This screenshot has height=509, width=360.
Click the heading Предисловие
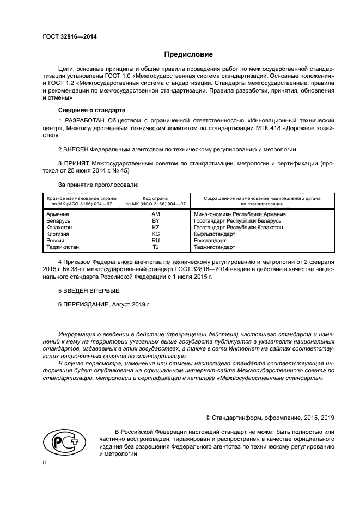[x=188, y=54]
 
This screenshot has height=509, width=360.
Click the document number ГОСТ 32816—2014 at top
[x=66, y=36]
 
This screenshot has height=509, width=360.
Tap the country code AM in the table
[x=155, y=214]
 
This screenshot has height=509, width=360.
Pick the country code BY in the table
[x=155, y=221]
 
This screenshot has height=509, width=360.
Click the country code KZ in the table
[x=155, y=228]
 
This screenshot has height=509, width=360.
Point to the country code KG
[x=155, y=234]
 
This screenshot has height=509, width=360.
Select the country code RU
[x=155, y=240]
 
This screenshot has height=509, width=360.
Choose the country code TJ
[x=155, y=247]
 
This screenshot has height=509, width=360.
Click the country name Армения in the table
[x=58, y=214]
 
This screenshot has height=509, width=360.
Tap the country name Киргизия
[x=59, y=234]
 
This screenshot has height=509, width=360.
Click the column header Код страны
[x=155, y=198]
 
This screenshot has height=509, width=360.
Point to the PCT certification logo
[x=64, y=443]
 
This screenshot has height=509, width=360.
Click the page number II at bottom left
[x=45, y=462]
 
